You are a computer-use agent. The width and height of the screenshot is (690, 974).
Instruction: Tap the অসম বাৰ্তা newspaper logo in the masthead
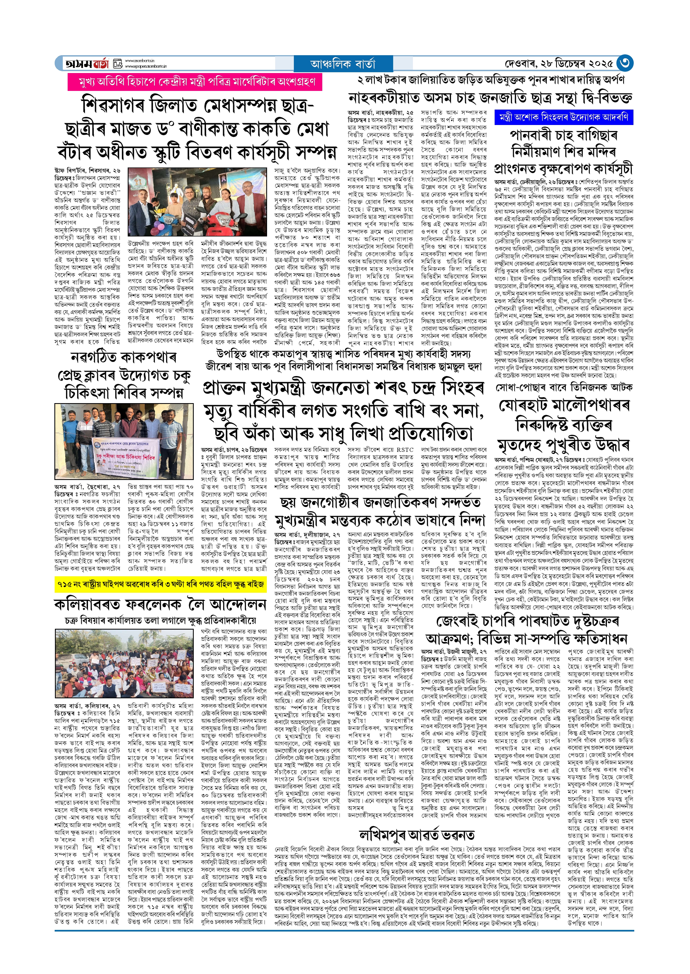87,64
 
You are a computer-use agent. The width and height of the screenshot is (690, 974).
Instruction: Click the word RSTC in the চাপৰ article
405,449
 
